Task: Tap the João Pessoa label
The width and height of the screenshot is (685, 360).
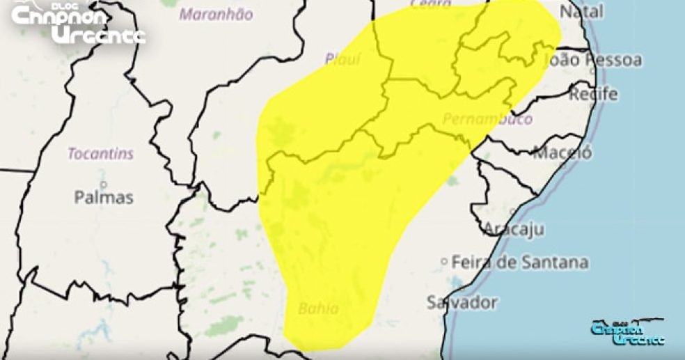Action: pos(595,61)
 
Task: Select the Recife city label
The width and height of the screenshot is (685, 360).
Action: pos(593,94)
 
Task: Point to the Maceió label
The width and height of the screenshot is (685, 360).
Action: pos(562,152)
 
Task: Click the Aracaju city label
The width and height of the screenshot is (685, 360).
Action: pos(514,228)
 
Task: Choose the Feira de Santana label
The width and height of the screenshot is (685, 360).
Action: pos(519,263)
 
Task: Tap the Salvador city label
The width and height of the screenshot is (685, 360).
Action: pos(462,303)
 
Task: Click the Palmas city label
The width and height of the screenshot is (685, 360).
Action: pos(103,198)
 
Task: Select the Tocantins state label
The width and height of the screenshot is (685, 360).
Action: pos(101,153)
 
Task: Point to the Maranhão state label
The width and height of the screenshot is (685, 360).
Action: pos(216,14)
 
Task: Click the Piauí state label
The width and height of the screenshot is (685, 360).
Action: pos(342,59)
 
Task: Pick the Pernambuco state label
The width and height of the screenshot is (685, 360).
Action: pos(487,118)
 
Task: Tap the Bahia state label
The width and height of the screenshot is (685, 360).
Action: pos(318,308)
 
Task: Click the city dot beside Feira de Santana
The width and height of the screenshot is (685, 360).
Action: pos(444,262)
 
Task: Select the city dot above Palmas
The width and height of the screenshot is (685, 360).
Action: pos(103,185)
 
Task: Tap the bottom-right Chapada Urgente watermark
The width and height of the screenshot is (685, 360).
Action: pos(627,334)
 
